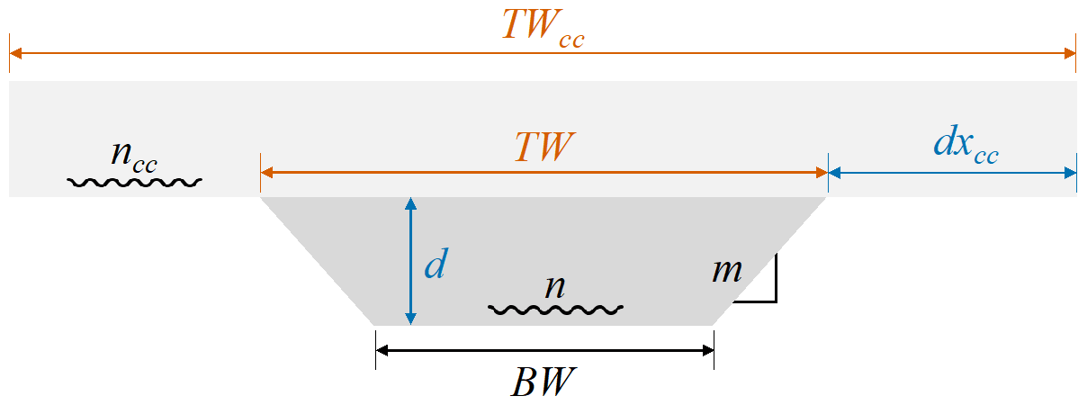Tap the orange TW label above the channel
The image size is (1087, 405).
coord(543,147)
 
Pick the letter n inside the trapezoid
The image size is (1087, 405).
coord(555,287)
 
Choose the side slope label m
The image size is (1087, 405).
coord(725,270)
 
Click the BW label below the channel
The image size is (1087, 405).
coord(543,383)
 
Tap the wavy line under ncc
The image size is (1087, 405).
coord(135,182)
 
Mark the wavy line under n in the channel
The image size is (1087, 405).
coord(555,310)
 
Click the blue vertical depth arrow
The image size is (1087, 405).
coord(410,261)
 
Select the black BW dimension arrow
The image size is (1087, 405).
coord(544,350)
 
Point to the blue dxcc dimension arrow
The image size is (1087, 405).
coord(952,172)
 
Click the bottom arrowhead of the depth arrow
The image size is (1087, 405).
coord(410,318)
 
